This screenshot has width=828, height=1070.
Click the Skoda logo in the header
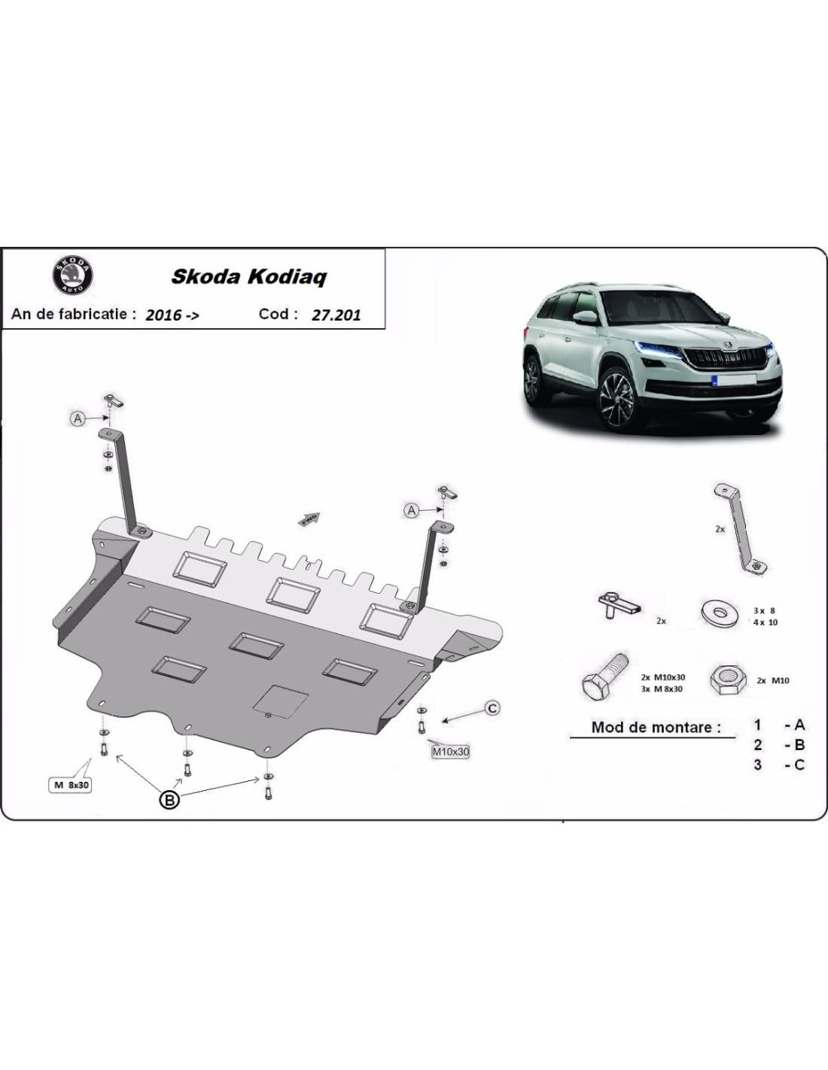[x=72, y=275]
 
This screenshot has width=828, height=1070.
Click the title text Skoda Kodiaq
[x=248, y=276]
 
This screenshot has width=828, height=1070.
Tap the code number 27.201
[x=336, y=315]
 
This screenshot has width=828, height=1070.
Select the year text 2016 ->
[x=172, y=315]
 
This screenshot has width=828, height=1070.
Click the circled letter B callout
[x=170, y=801]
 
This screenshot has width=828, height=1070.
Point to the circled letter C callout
[x=492, y=708]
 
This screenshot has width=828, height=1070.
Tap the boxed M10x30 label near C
[x=450, y=751]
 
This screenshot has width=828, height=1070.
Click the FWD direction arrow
[x=310, y=518]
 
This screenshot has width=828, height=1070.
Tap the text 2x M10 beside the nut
[x=773, y=680]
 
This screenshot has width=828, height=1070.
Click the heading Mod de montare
[x=656, y=727]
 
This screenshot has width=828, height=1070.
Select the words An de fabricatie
[x=74, y=314]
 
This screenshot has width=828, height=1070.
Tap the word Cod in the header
[x=273, y=314]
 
